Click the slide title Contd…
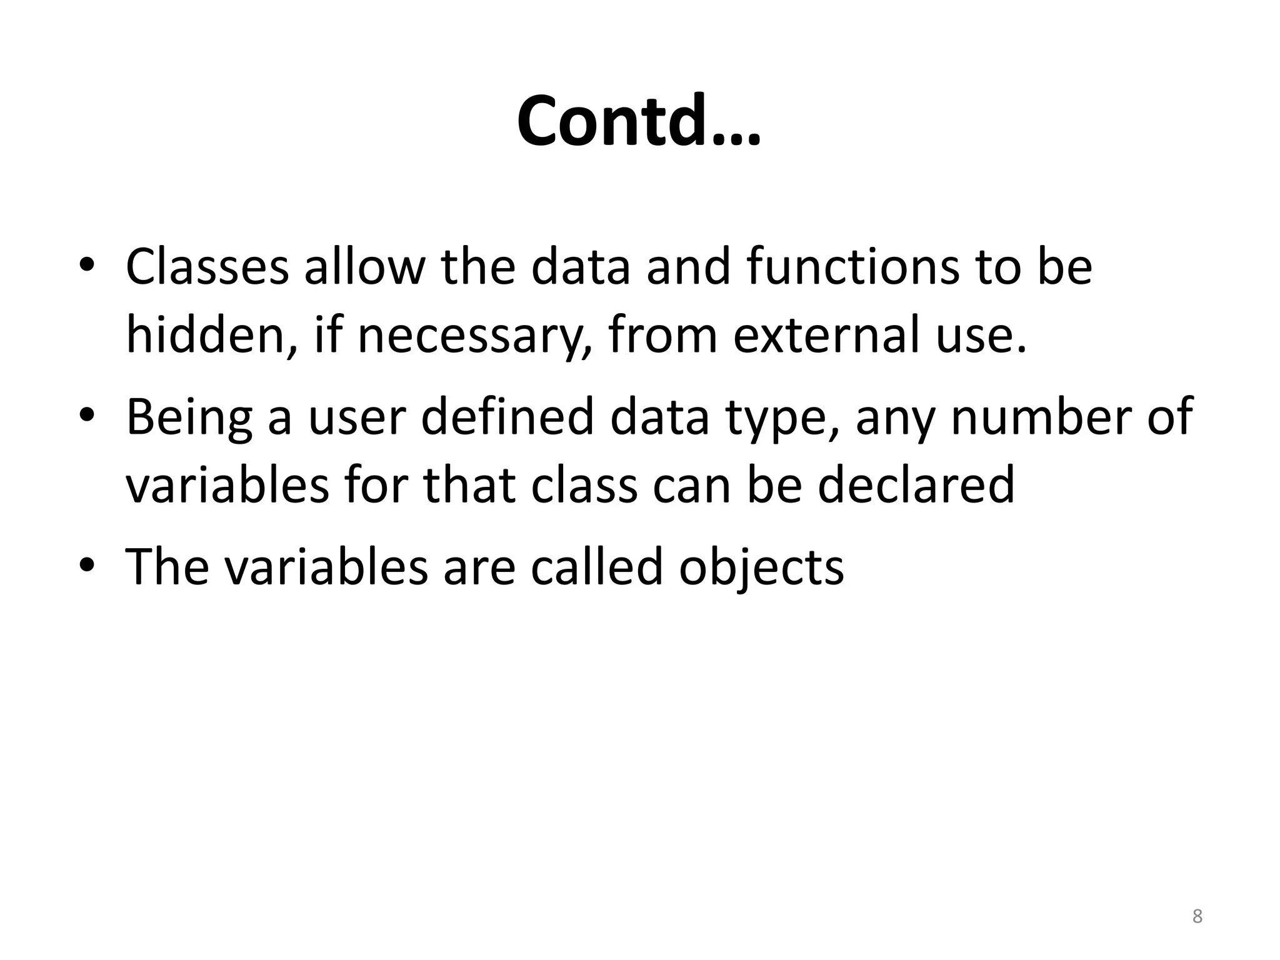(x=639, y=121)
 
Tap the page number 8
(x=1197, y=917)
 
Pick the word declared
(x=916, y=486)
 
